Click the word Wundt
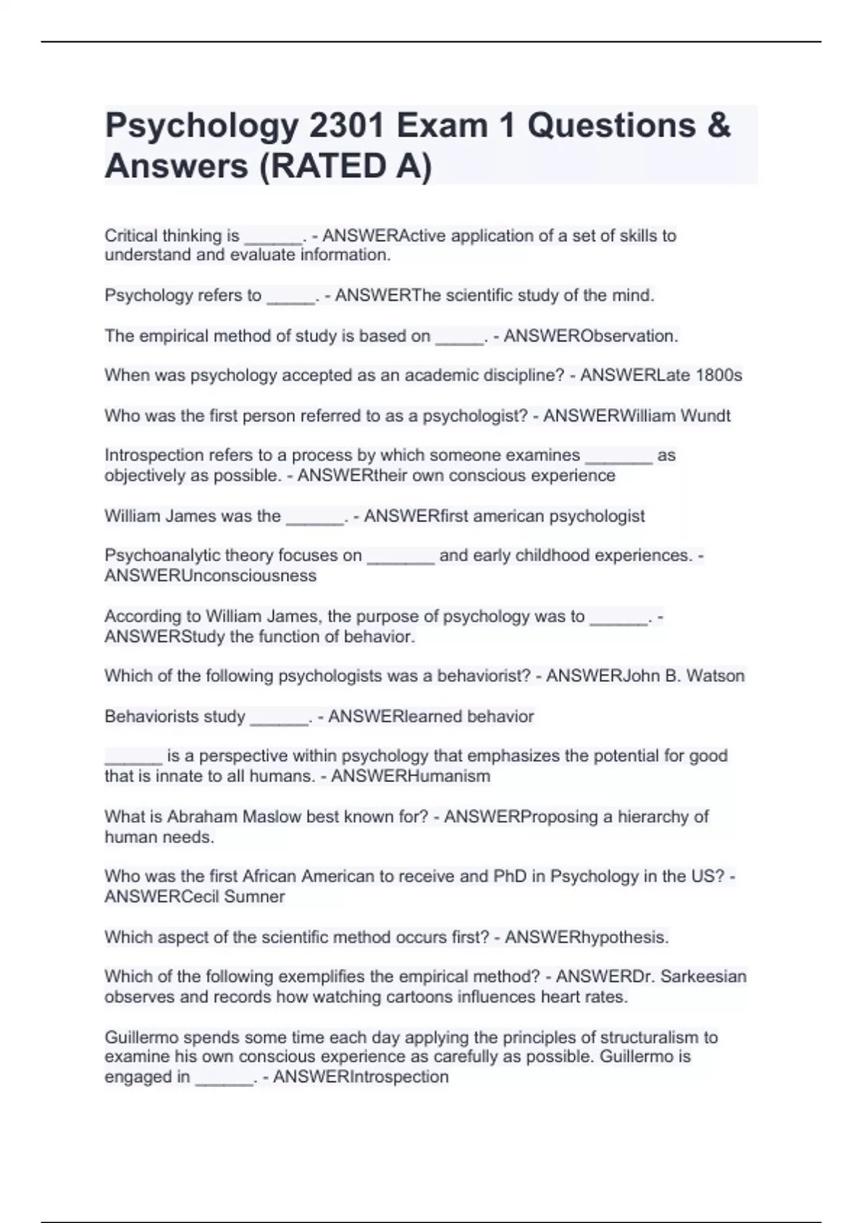pos(705,416)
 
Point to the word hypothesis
pos(625,937)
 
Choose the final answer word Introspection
pos(398,1077)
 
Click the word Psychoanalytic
pos(160,555)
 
